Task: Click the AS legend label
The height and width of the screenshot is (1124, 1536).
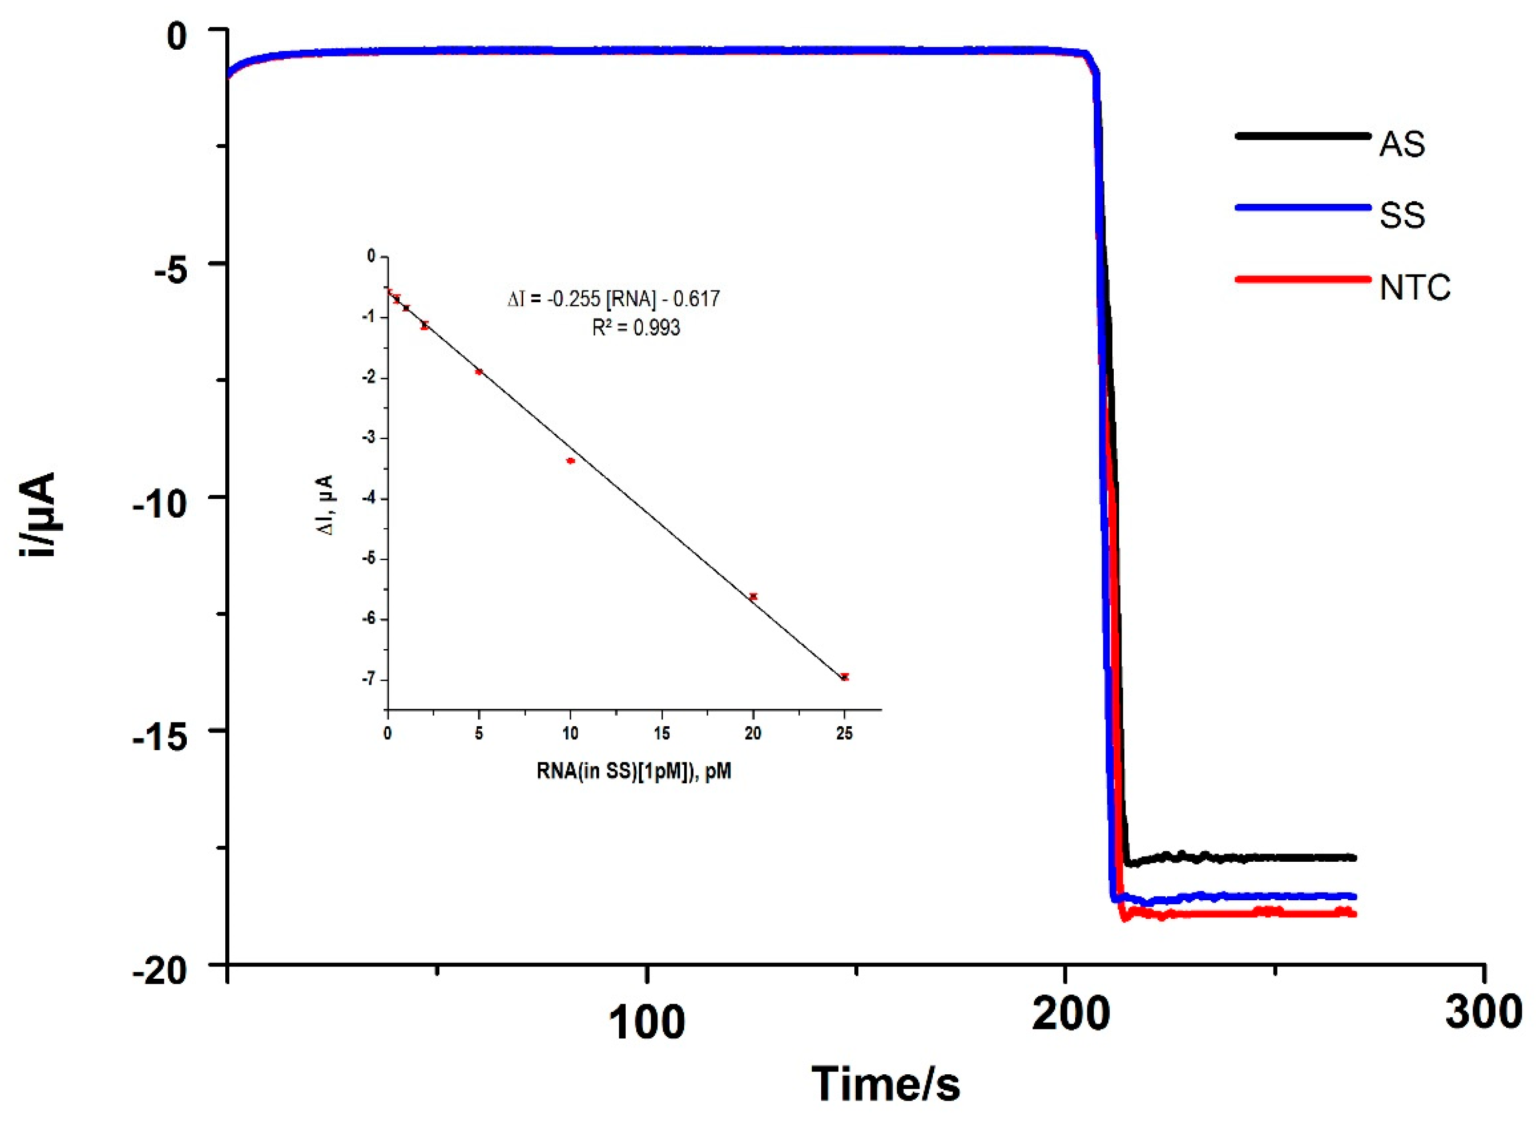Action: tap(1401, 144)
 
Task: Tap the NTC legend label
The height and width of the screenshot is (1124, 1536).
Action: tap(1414, 288)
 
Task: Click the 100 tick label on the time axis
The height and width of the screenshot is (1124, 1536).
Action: tap(646, 1023)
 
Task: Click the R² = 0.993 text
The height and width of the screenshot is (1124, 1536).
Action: tap(636, 328)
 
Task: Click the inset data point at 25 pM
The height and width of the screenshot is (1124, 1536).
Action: tap(845, 677)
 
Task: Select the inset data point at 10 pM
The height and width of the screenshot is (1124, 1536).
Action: tap(571, 461)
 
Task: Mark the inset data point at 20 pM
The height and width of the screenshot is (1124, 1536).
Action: tap(753, 596)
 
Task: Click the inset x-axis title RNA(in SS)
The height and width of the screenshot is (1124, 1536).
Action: tap(633, 772)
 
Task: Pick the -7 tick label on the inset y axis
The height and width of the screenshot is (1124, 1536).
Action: tap(370, 679)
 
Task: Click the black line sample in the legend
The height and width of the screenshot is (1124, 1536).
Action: tap(1302, 136)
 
